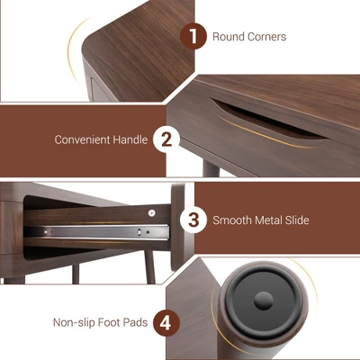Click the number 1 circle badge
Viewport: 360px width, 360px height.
pyautogui.click(x=193, y=36)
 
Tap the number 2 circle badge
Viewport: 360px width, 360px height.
pyautogui.click(x=166, y=139)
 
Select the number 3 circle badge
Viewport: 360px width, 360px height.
pyautogui.click(x=193, y=220)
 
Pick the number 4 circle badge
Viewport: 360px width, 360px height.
pyautogui.click(x=166, y=323)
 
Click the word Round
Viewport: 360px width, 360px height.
pyautogui.click(x=228, y=37)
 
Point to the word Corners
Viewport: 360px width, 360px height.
pyautogui.click(x=266, y=37)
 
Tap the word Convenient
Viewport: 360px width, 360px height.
pyautogui.click(x=82, y=139)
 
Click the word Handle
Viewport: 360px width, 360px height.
pyautogui.click(x=130, y=139)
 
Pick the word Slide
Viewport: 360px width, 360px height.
pyautogui.click(x=297, y=220)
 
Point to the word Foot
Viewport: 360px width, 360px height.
pyautogui.click(x=109, y=322)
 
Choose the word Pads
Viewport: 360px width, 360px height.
pyautogui.click(x=136, y=322)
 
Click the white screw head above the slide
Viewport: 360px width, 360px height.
pyautogui.click(x=152, y=213)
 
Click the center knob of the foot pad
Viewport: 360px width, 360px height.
pyautogui.click(x=264, y=301)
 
